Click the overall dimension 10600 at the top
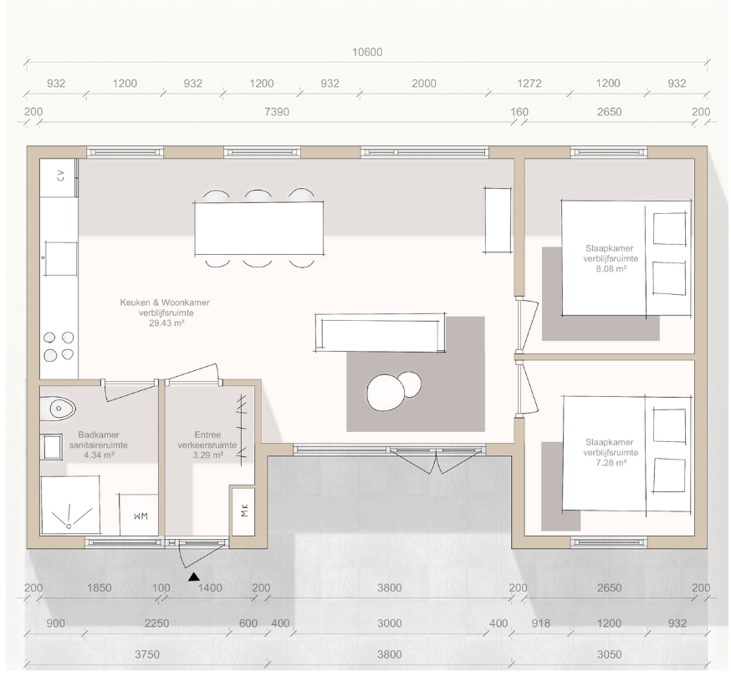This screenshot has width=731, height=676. tap(367, 52)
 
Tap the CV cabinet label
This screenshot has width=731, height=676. tap(60, 175)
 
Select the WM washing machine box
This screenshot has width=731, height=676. tap(139, 515)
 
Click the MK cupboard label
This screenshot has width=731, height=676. tap(245, 511)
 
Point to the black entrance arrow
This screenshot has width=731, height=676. tap(194, 577)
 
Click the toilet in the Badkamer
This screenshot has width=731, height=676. tap(58, 409)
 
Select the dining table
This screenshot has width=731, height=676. tap(259, 228)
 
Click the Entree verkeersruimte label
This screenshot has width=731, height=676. tap(207, 440)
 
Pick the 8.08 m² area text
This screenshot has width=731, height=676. tap(611, 269)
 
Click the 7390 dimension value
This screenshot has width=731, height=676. tap(277, 112)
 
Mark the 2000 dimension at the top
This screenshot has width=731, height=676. tap(424, 84)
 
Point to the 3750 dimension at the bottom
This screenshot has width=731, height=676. tap(147, 654)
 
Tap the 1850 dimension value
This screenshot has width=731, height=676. tap(100, 588)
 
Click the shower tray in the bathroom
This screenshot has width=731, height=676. tap(70, 505)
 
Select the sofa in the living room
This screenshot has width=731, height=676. tap(380, 333)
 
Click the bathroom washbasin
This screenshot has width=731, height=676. tap(52, 447)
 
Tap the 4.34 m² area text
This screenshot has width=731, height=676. tap(100, 455)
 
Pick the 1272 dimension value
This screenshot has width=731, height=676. tap(529, 84)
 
